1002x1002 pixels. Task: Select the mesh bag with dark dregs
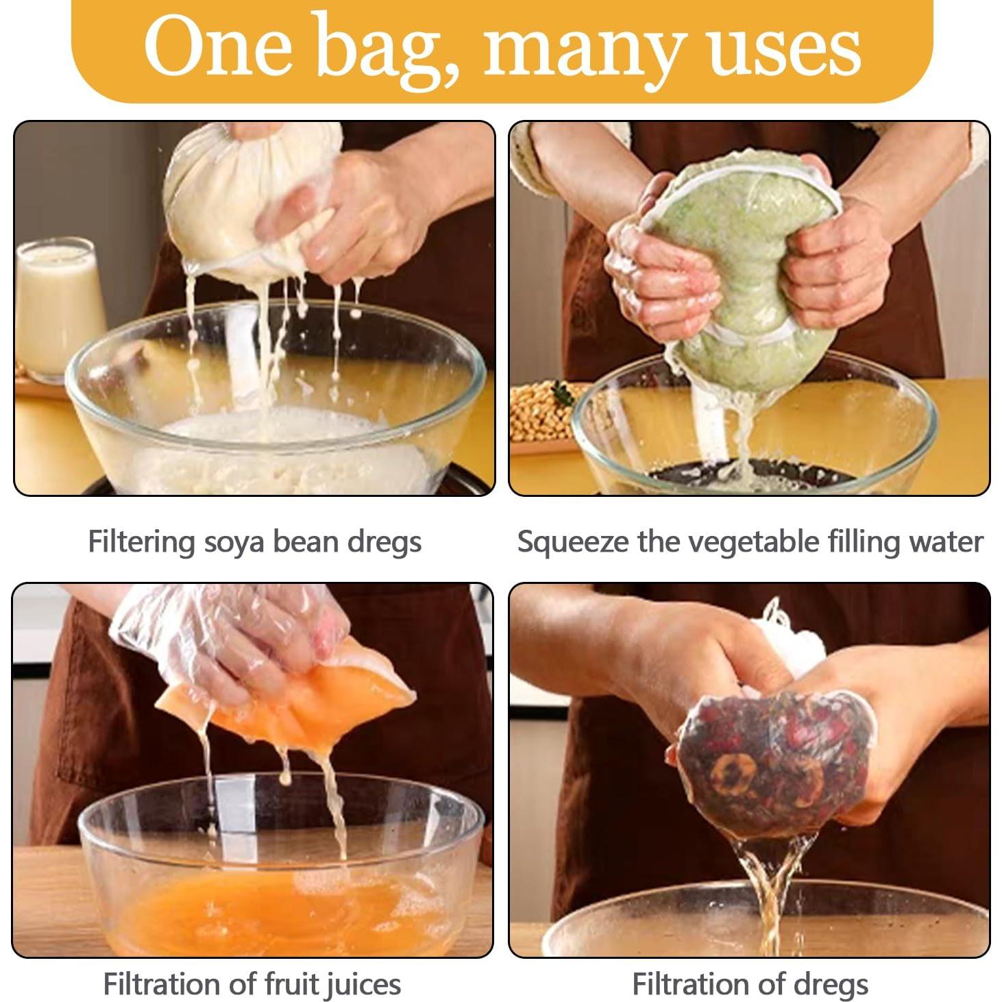[774, 761]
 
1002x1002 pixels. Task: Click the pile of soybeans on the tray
[541, 411]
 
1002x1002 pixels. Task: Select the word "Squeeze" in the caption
[573, 542]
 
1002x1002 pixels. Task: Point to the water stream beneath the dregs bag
[771, 884]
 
